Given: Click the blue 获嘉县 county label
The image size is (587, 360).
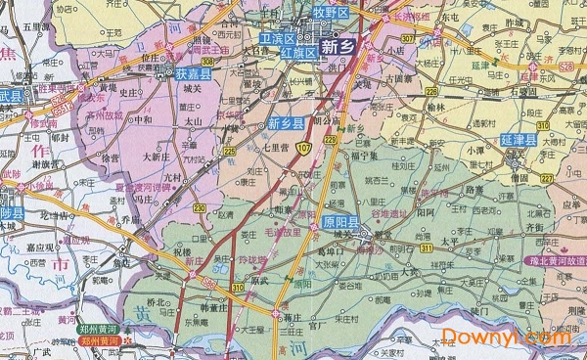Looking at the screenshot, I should click(195, 73).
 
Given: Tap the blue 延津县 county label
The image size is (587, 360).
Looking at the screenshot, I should click(518, 142).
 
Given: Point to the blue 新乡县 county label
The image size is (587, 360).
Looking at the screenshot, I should click(286, 123).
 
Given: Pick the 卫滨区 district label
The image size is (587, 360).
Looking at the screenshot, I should click(278, 38).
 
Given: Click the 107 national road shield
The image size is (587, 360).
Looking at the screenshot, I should click(306, 148).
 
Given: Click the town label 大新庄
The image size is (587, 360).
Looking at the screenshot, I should click(158, 156).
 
